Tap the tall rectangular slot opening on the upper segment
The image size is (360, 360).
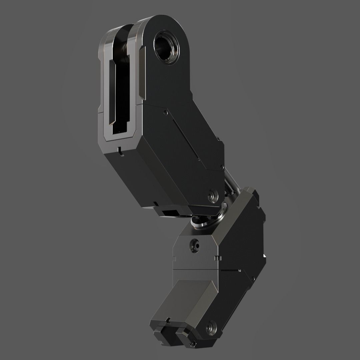pos(119,97)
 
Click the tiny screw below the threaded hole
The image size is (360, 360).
pos(166,113)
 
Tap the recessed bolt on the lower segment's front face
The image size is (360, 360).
pos(194,246)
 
